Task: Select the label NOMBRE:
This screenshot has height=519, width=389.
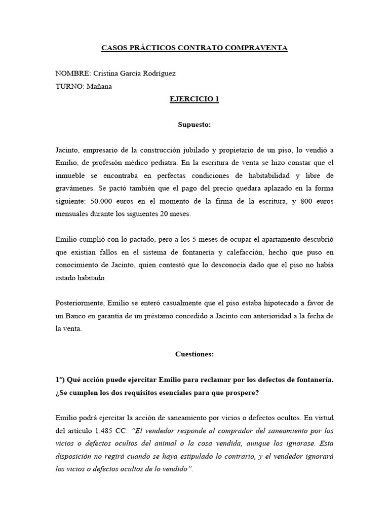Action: (73, 73)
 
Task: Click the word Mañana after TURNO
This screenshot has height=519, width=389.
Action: (100, 86)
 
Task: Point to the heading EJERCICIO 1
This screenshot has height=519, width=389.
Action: (194, 99)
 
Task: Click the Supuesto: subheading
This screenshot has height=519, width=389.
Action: (194, 125)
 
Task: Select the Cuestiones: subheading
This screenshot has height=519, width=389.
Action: (194, 354)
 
